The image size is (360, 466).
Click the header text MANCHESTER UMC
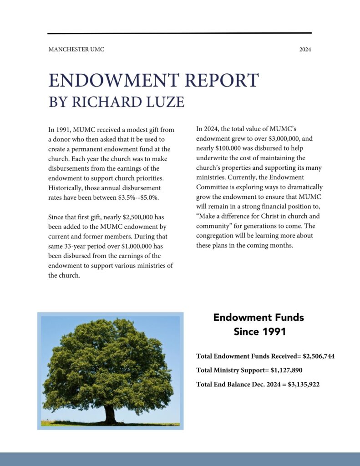tap(76, 49)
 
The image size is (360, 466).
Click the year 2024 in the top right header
tap(305, 49)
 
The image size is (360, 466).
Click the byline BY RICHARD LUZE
tap(116, 102)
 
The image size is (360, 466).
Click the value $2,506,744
tap(319, 356)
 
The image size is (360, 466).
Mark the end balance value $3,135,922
tap(304, 385)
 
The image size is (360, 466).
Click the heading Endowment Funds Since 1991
tap(259, 324)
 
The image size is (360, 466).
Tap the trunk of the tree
tap(110, 414)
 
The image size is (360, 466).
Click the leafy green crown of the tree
tap(108, 364)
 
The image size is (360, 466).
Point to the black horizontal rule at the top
tap(179, 33)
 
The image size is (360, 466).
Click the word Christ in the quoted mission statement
tap(269, 216)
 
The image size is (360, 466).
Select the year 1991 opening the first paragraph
tap(64, 130)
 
